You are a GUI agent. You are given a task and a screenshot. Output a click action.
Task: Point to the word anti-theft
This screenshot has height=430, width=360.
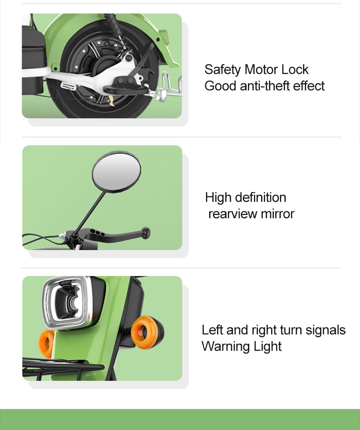[265, 86]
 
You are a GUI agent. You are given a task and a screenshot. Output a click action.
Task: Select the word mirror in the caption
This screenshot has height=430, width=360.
[278, 214]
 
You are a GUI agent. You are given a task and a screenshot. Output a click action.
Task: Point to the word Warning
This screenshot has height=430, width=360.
[226, 347]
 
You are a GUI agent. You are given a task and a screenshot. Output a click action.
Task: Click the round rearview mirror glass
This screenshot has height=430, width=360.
[117, 172]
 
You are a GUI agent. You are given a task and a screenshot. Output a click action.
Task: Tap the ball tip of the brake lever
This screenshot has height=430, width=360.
[146, 233]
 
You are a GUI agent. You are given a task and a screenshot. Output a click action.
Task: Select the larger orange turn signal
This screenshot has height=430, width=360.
[147, 332]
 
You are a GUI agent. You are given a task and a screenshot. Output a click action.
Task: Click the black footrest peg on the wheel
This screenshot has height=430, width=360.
[126, 89]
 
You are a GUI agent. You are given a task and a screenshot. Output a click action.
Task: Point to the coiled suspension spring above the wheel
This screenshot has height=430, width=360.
[116, 30]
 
